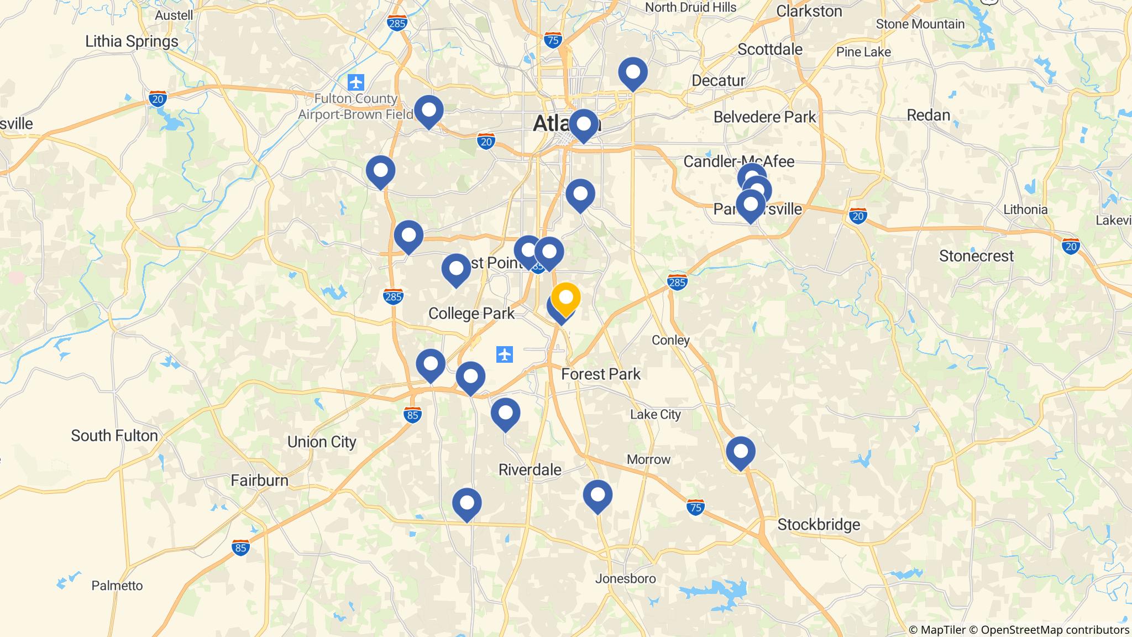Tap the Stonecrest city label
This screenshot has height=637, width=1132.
(976, 256)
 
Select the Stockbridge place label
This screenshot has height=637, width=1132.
(819, 524)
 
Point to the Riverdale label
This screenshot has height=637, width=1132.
(530, 469)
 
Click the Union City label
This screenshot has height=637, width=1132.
(322, 442)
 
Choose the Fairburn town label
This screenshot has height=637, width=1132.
(259, 480)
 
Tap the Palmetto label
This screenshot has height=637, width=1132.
(117, 585)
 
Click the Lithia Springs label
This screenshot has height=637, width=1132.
(132, 41)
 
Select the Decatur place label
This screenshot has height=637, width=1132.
(718, 81)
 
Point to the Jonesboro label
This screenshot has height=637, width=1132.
(625, 578)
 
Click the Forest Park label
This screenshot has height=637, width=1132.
(601, 374)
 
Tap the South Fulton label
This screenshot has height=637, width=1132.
(114, 436)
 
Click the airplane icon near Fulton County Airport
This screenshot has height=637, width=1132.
(357, 82)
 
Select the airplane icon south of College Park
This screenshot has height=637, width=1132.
(505, 354)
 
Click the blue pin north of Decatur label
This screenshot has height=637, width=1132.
(633, 72)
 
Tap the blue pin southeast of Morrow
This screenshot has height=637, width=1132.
(598, 495)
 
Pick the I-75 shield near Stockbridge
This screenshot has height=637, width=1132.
(695, 507)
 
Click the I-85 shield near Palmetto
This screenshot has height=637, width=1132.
(240, 547)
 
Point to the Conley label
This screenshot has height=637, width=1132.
(670, 340)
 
